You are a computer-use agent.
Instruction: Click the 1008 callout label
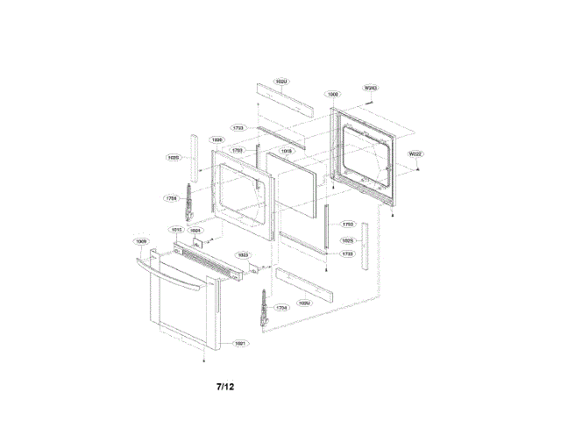333,93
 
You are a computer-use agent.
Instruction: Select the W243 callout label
370,88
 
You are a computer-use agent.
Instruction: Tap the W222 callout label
415,154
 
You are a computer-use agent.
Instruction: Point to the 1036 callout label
217,139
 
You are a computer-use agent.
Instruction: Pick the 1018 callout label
286,151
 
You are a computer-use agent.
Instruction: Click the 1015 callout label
176,230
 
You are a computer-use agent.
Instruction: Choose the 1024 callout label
195,231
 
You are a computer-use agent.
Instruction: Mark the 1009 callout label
140,240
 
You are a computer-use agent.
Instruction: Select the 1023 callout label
243,254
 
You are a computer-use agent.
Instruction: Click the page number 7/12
225,386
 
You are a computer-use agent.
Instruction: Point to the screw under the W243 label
372,100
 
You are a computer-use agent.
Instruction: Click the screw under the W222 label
417,167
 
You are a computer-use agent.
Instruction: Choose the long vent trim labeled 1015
210,262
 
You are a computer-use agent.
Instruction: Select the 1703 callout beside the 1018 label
237,150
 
